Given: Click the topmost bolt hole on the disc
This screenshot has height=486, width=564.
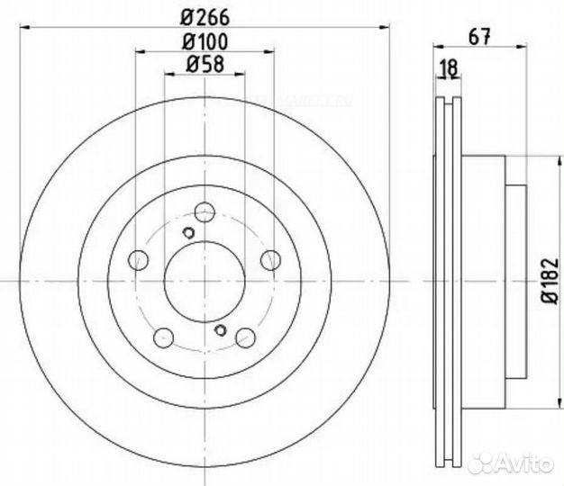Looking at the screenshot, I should click(x=205, y=213).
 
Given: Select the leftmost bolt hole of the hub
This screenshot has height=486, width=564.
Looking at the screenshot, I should click(x=139, y=260).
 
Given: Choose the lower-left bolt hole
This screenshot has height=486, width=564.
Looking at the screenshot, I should click(x=164, y=338).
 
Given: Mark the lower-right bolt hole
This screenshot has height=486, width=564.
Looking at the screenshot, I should click(x=246, y=338).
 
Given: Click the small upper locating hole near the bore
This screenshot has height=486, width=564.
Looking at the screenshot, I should click(x=188, y=233).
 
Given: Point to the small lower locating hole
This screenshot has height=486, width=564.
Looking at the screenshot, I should click(x=221, y=330).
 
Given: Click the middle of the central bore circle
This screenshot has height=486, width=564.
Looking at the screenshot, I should click(x=205, y=282).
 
